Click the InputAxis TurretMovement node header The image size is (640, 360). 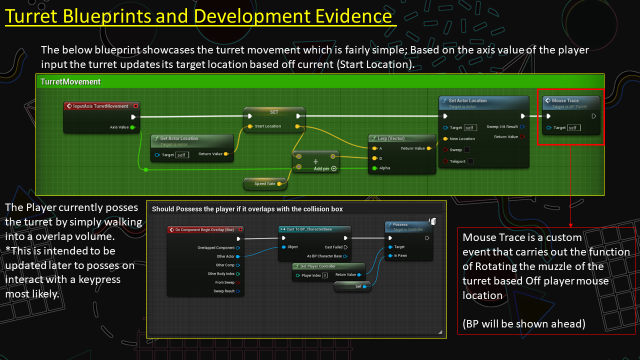[x=100, y=106]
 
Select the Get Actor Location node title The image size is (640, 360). [x=179, y=138]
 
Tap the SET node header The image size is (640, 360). [x=274, y=112]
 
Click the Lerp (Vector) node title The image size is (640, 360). [x=391, y=138]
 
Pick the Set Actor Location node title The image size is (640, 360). [x=467, y=100]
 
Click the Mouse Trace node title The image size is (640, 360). [x=565, y=100]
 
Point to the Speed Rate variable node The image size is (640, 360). [x=265, y=183]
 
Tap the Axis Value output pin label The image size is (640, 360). [x=119, y=127]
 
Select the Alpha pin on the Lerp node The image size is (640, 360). [x=384, y=168]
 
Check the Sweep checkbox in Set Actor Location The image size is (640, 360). [x=466, y=149]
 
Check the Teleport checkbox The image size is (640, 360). [x=470, y=161]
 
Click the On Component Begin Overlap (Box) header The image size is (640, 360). [x=204, y=230]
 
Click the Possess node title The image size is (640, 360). [x=400, y=225]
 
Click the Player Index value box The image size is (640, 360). [x=324, y=275]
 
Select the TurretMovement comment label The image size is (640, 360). [x=70, y=81]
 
